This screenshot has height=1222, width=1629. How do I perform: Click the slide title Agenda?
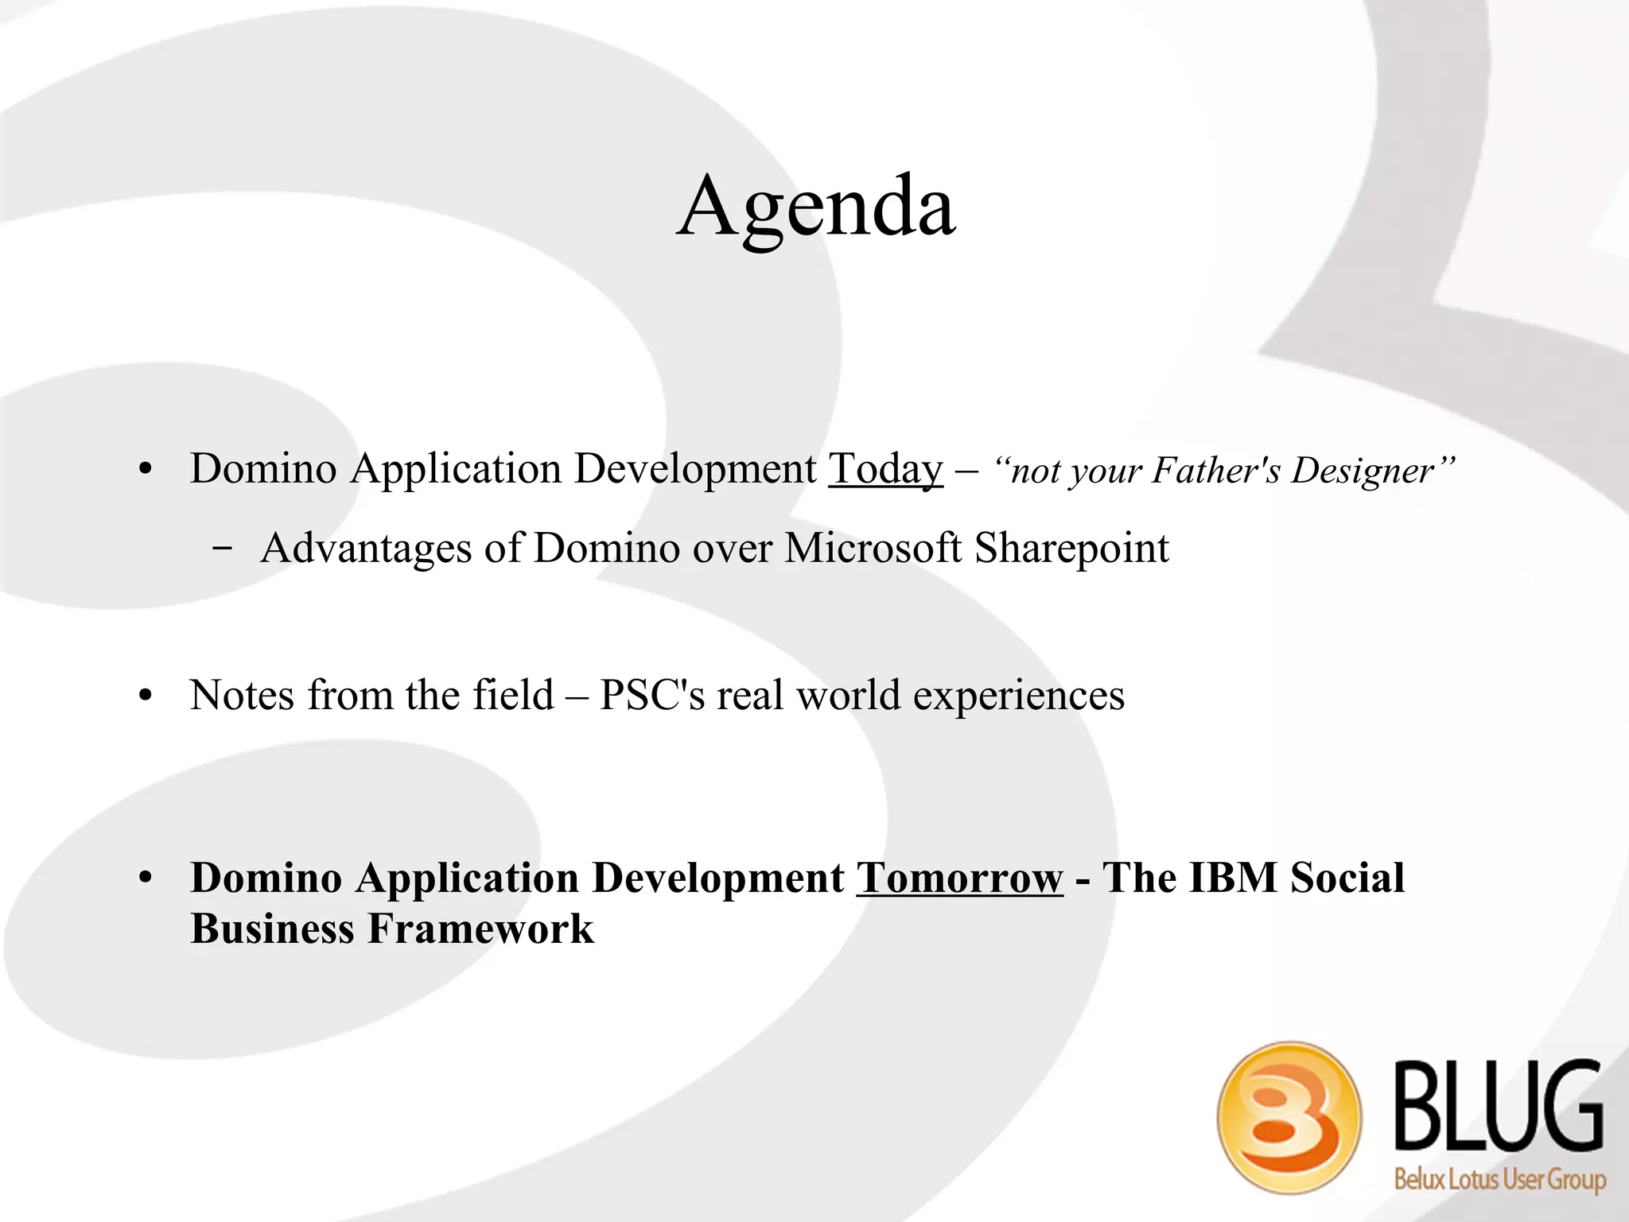pos(816,208)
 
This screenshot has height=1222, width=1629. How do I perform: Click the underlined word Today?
pos(885,469)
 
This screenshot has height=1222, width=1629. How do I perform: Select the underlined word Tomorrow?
pos(959,879)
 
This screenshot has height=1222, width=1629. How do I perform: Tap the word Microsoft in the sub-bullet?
pos(873,549)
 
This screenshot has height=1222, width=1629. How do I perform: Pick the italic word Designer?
pos(1362,471)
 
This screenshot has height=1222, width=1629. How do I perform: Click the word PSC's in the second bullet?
pos(651,696)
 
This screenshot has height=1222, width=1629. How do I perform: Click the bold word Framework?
pos(480,929)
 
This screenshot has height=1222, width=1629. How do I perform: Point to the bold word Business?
pos(272,929)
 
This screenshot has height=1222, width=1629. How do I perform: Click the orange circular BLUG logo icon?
pos(1289,1117)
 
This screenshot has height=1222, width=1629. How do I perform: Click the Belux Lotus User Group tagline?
pos(1500,1179)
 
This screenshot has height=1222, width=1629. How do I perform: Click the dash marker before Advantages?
pos(224,549)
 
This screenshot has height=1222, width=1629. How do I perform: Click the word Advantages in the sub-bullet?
pos(366,549)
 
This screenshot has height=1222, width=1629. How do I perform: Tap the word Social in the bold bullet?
pos(1347,879)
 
